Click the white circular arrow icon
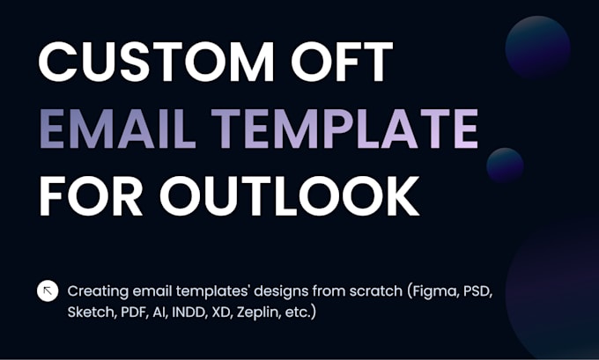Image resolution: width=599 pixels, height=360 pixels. (48, 290)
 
